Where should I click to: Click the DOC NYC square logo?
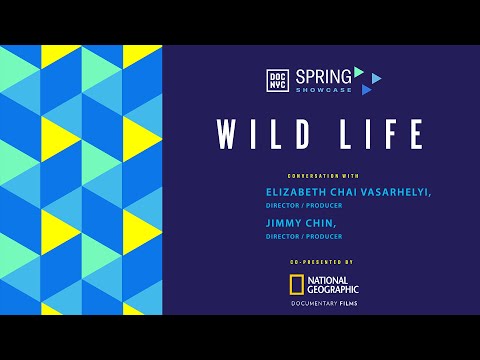pos(279,81)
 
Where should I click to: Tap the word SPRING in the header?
pos(322,75)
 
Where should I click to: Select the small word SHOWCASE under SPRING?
pos(322,90)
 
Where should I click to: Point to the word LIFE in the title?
pos(375,134)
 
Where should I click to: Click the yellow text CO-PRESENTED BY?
pos(323,260)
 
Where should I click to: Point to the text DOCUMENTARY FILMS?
pos(323,302)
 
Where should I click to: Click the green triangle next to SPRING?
pos(358,71)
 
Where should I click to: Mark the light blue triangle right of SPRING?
pos(376,78)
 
